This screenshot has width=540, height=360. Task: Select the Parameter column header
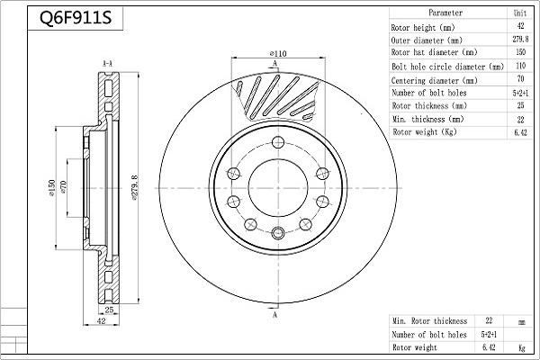[x=445, y=13]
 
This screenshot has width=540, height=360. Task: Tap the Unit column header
[x=520, y=13]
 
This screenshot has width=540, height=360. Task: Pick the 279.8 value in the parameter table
[x=520, y=40]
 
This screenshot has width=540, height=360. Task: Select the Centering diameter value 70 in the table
[x=520, y=80]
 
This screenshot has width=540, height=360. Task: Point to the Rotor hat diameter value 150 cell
[x=520, y=54]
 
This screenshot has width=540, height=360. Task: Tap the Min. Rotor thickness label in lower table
[x=429, y=320]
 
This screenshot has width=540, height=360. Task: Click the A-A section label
[x=107, y=63]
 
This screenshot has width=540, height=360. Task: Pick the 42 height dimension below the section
[x=101, y=319]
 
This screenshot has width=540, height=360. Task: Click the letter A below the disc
[x=274, y=316]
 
